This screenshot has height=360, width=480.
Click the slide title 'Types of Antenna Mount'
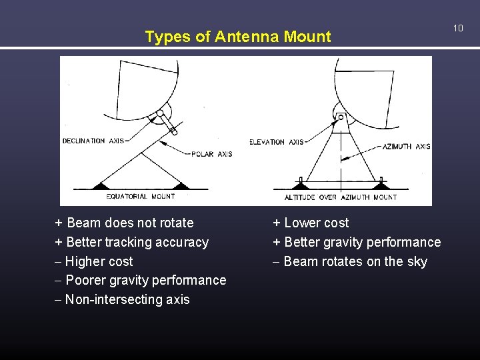tap(238, 37)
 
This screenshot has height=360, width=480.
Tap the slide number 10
tap(458, 28)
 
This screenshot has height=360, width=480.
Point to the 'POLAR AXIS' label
tap(212, 154)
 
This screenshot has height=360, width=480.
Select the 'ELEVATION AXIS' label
tap(277, 142)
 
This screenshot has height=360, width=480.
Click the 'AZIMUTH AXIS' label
tap(407, 147)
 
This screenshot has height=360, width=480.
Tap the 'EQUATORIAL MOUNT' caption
tap(141, 197)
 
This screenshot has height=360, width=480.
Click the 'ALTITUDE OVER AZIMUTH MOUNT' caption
tap(341, 197)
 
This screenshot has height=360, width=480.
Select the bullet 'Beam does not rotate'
tap(124, 223)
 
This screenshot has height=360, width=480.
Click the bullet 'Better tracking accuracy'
tap(132, 242)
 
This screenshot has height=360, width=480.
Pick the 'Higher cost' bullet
tap(94, 261)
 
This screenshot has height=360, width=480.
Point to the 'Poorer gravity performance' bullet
tap(141, 280)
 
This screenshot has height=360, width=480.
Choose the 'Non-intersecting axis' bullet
tap(123, 299)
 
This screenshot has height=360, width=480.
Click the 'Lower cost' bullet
tap(311, 223)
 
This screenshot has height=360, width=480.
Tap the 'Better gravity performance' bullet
tap(357, 242)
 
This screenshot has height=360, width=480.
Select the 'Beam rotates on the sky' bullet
tap(350, 261)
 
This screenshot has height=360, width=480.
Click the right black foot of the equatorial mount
tap(181, 185)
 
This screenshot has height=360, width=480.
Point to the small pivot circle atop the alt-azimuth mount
tap(341, 117)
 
